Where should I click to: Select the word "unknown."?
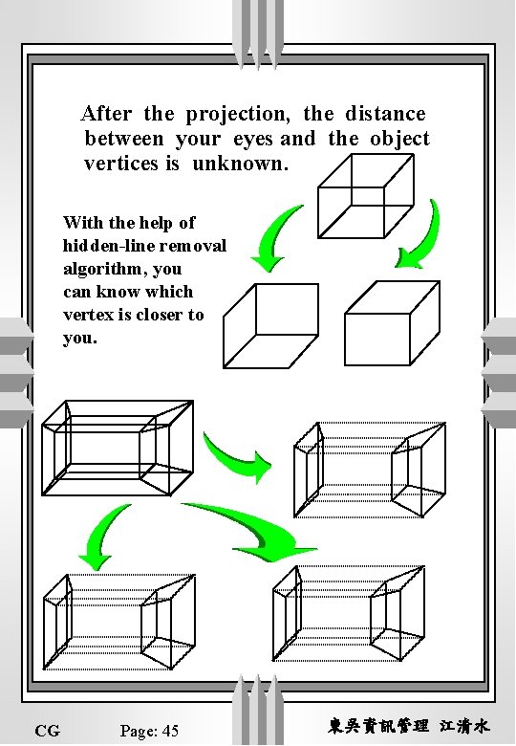pos(240,164)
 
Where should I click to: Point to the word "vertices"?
pos(121,164)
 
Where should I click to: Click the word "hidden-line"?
pos(105,246)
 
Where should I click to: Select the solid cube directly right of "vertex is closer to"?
pos(267,325)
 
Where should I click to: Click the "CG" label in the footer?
pos(47,732)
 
